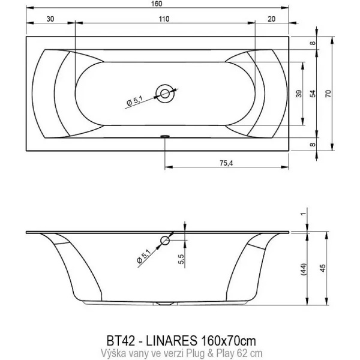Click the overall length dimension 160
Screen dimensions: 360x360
tap(157, 5)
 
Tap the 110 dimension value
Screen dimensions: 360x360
tap(164, 19)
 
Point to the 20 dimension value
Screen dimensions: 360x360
tap(272, 19)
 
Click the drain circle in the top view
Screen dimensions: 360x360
tap(164, 92)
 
